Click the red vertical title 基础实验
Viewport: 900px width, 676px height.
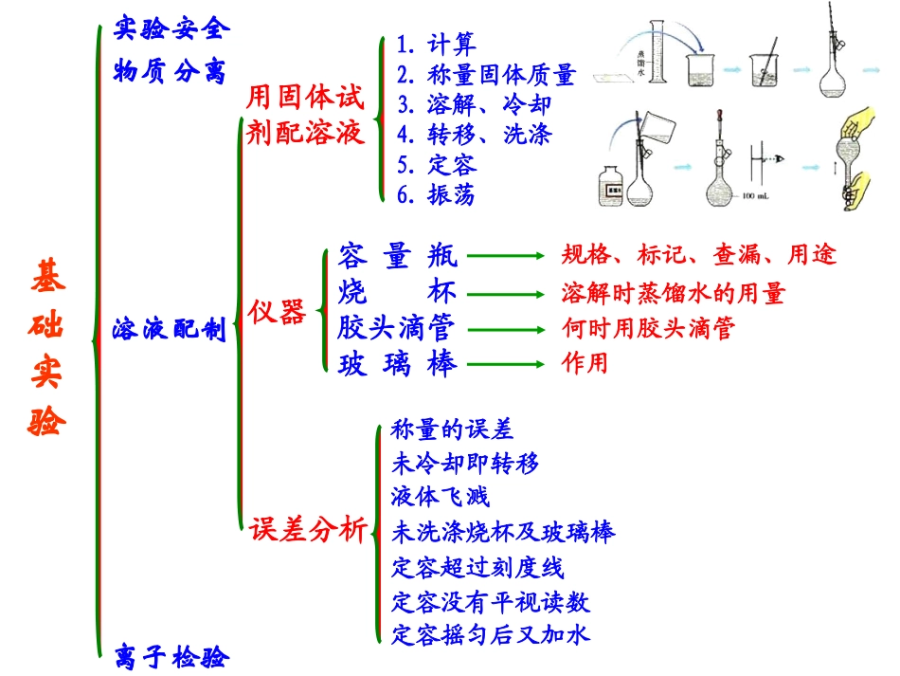point(48,347)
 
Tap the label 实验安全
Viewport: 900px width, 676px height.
point(171,27)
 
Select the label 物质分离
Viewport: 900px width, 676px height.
point(171,71)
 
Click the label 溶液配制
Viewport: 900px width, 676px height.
point(168,330)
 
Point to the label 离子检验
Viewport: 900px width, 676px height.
point(171,656)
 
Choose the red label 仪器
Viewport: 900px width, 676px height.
point(278,311)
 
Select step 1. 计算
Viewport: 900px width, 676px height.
point(437,44)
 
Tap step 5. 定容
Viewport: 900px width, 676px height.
point(437,164)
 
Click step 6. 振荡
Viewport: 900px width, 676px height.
point(437,194)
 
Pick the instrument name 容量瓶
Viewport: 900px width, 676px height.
point(397,255)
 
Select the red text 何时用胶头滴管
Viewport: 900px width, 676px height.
point(649,329)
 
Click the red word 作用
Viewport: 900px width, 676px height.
point(585,363)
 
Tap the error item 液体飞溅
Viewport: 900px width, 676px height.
point(440,496)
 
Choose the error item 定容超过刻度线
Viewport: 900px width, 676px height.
point(477,567)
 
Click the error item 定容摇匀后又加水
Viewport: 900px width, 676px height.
point(491,632)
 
